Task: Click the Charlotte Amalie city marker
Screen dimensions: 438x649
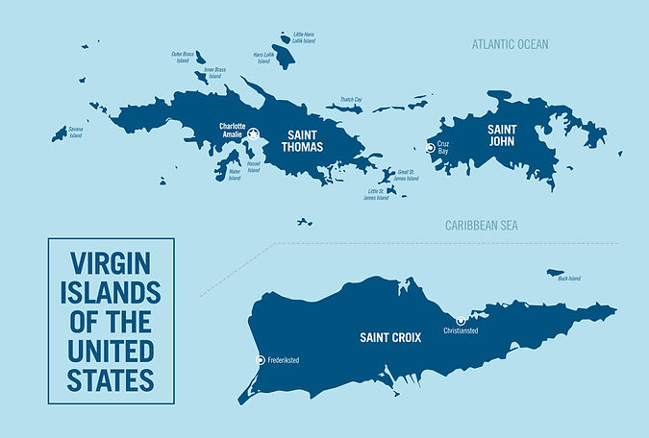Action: coord(253,135)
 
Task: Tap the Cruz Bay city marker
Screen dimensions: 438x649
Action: coord(430,147)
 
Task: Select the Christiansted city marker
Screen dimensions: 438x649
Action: coord(461,320)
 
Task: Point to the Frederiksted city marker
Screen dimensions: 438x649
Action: coord(260,359)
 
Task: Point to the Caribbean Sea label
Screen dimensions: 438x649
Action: coord(482,225)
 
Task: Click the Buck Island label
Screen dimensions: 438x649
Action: coord(569,280)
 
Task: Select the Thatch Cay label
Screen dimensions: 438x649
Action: coord(350,99)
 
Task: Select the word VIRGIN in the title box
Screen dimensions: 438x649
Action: coord(111,262)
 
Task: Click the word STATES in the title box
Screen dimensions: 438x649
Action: coord(111,380)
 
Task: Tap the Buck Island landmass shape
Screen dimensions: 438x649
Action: coord(555,272)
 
